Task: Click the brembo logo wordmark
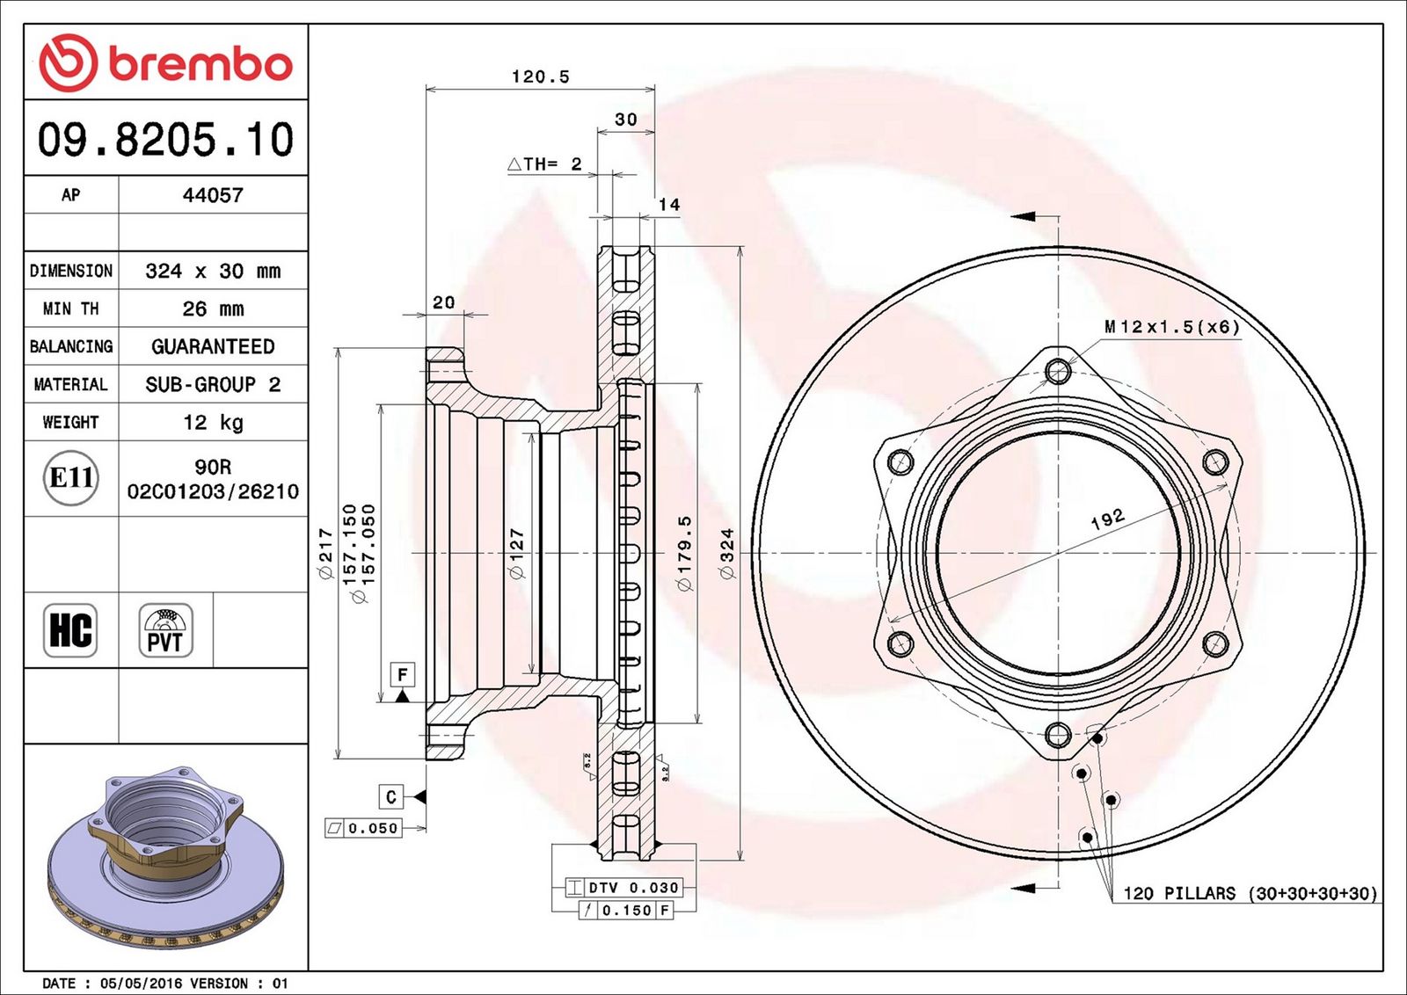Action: coord(201,65)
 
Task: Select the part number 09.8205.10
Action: coord(166,139)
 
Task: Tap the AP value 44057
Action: coord(213,195)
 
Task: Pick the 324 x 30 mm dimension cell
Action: coord(213,272)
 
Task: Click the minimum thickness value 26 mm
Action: coord(213,309)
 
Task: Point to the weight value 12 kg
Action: coord(213,422)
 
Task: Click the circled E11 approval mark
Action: coord(71,478)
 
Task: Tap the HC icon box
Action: coord(70,629)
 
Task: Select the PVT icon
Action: coord(166,629)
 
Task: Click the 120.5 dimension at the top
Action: coord(540,76)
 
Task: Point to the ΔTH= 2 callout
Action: coord(544,164)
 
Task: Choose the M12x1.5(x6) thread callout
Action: coord(1172,326)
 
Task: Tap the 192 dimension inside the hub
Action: coord(1107,519)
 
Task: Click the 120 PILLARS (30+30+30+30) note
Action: coord(1250,893)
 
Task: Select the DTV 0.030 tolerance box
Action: coord(623,888)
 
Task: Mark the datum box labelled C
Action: coord(390,796)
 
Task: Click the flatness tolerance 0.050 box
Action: coord(363,828)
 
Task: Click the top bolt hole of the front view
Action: coord(1059,371)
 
